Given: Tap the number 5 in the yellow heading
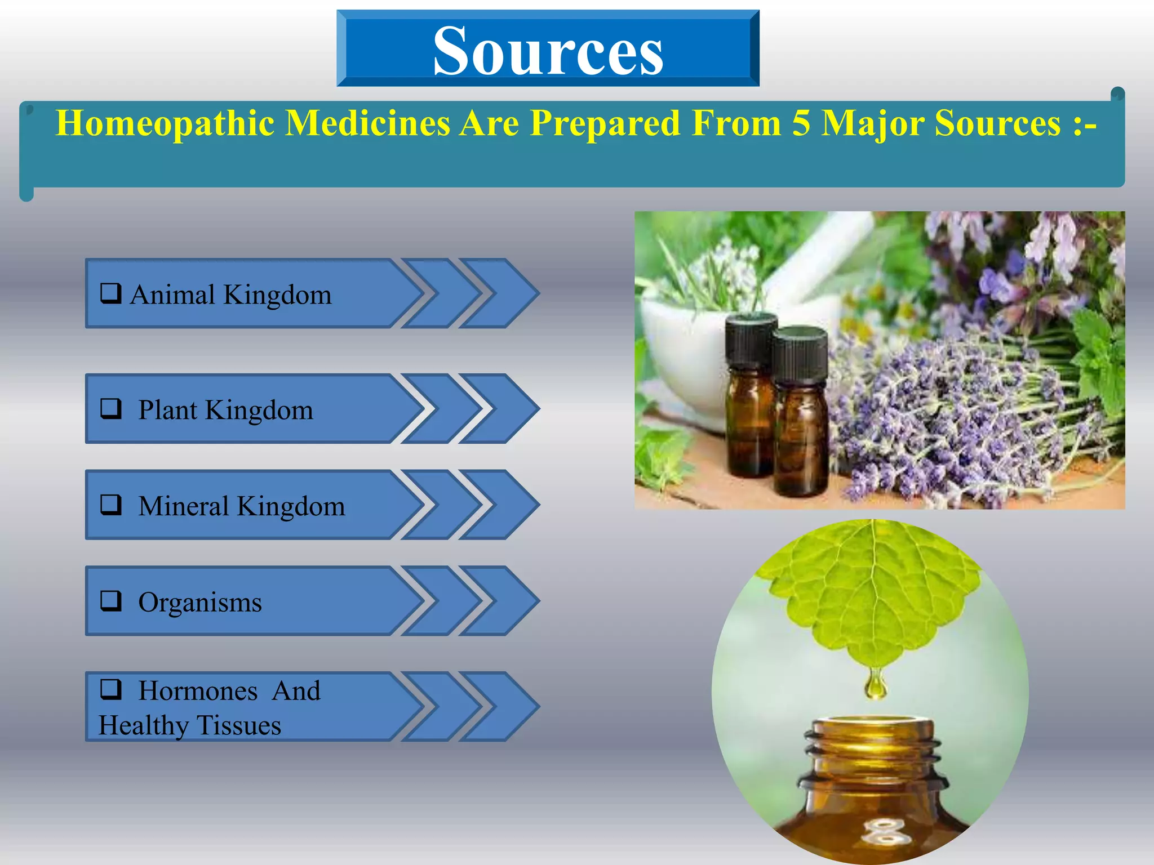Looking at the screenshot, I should point(801,123).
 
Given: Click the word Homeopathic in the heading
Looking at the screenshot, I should point(165,124).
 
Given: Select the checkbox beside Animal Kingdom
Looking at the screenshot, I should point(111,293).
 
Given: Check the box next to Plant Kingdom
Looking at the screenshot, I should point(111,408).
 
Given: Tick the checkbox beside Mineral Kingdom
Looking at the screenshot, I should point(111,505).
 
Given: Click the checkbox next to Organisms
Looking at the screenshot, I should point(111,600).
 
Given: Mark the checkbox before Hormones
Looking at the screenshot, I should point(111,689).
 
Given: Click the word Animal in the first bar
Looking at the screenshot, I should point(172,295).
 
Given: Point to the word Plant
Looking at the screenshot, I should point(167,410).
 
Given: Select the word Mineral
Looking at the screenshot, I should point(183,506).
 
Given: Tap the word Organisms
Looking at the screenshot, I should point(200,603).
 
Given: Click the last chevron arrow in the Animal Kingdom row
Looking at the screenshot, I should point(501,293).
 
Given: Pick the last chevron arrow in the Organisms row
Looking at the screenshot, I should point(501,601).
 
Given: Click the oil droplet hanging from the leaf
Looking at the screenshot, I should point(875,686).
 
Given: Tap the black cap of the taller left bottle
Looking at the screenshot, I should point(751,338).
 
